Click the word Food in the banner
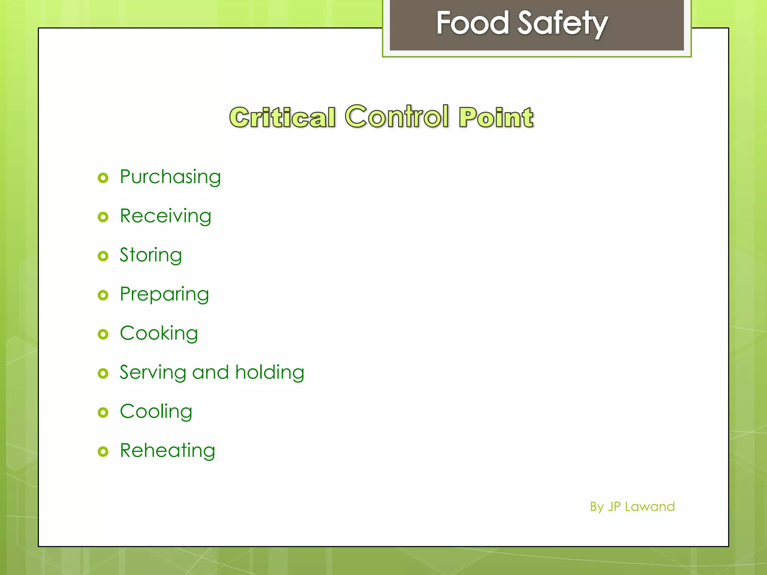473,23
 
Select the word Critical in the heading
282,117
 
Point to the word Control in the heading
397,116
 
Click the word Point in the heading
496,117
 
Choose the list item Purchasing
170,177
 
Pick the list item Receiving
166,216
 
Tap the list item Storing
151,255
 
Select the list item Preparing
164,295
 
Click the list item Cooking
159,334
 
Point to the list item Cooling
156,412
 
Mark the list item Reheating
167,451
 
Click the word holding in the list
270,373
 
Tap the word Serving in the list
153,373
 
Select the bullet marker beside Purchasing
103,178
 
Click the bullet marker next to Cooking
103,334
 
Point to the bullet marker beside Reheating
103,451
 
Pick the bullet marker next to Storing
103,256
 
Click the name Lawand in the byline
650,507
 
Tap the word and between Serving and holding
210,372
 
